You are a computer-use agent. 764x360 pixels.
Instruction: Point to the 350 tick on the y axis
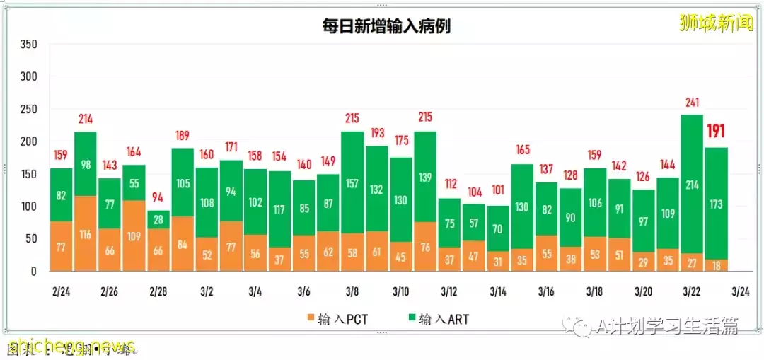[x=28, y=44]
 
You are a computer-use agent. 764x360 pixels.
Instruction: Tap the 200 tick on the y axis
[x=28, y=141]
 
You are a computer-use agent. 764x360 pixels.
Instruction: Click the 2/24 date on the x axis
[x=61, y=291]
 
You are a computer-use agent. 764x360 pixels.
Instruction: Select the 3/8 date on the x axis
[x=352, y=291]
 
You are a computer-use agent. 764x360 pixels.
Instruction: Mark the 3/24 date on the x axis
[x=740, y=291]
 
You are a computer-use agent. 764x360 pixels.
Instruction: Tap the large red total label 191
[x=716, y=132]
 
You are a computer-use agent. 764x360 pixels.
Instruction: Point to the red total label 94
[x=158, y=197]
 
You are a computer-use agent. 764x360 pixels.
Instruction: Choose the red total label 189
[x=182, y=136]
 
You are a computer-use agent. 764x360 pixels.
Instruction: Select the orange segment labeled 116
[x=86, y=233]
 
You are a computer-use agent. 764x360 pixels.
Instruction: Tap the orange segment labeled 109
[x=134, y=236]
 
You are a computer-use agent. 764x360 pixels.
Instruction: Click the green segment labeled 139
[x=425, y=178]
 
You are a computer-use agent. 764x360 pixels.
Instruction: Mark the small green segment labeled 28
[x=158, y=219]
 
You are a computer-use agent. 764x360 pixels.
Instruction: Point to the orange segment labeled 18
[x=716, y=265]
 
